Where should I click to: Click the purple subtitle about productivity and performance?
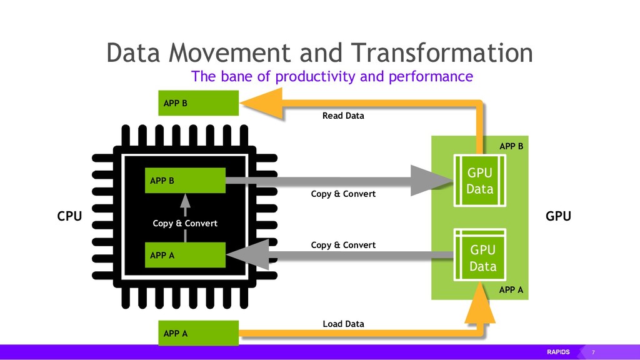[332, 77]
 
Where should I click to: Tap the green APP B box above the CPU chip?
[197, 103]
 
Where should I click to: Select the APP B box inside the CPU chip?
[184, 181]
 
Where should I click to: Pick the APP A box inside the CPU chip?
[184, 255]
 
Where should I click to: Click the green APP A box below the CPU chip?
[197, 333]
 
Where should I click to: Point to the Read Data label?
[343, 116]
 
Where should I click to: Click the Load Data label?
[343, 324]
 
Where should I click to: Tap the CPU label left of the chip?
[69, 217]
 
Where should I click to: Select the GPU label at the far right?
[558, 217]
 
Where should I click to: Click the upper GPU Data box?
[479, 180]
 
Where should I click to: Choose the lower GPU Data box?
[481, 258]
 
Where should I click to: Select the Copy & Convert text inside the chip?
[185, 223]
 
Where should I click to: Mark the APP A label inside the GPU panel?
[511, 290]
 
